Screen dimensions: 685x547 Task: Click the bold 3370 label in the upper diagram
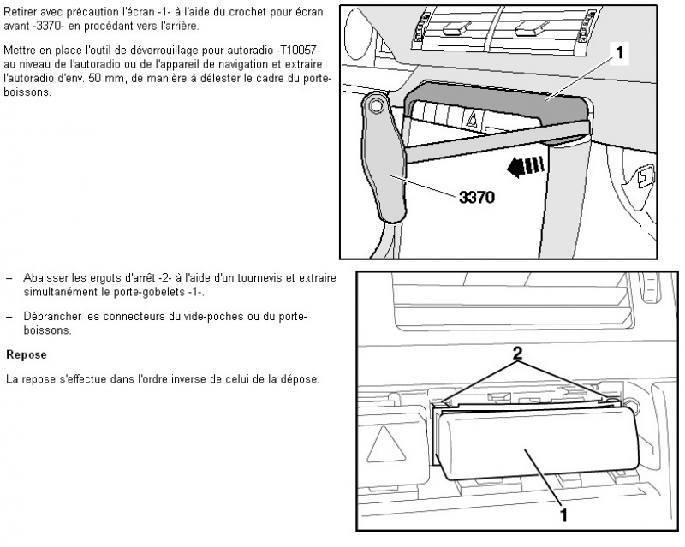477,198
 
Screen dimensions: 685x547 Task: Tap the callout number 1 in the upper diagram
620,53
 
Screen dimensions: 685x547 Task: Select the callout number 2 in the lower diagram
517,353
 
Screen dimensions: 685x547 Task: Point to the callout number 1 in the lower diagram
563,515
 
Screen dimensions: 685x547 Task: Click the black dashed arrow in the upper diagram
526,167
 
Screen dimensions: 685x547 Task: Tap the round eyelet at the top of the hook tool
375,104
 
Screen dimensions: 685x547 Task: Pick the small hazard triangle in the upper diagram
474,118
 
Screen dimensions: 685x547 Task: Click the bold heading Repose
27,354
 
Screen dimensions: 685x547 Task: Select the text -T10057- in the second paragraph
300,50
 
